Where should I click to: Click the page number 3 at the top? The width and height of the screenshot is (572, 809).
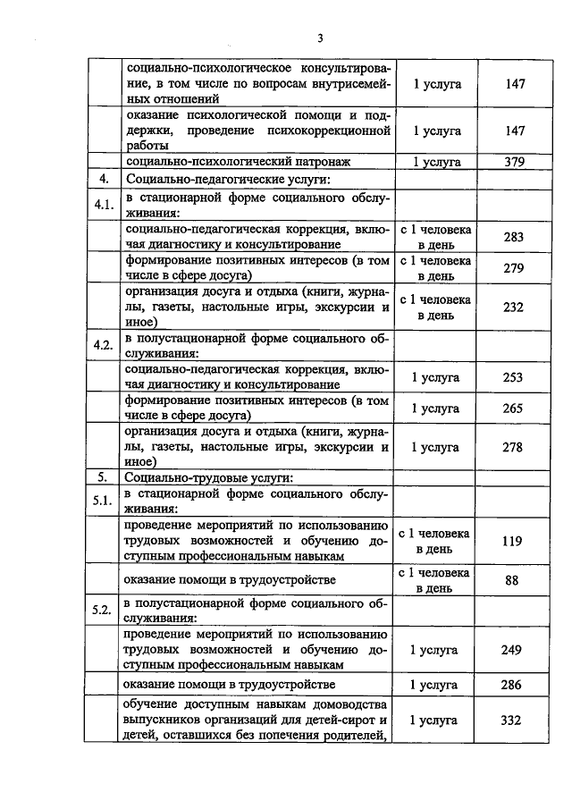coord(319,38)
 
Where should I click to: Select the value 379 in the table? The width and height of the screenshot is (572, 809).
coord(512,162)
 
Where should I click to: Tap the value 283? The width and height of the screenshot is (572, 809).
coord(512,237)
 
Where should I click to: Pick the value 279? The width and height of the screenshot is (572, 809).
coord(512,268)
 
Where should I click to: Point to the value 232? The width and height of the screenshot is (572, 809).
coord(512,306)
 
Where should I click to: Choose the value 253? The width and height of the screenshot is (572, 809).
coord(512,377)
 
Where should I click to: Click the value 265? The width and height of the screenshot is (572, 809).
coord(512,409)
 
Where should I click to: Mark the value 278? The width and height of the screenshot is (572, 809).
coord(512,446)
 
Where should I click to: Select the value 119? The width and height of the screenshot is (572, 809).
coord(512,541)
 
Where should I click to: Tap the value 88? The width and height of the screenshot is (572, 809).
coord(512,579)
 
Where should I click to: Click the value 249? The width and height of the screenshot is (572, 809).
coord(512,650)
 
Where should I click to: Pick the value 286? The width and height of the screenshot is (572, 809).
coord(512,686)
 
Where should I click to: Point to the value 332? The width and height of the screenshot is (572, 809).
coord(512,720)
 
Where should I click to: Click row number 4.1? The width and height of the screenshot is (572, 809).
coord(104,205)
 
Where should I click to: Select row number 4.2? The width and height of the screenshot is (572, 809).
coord(104,345)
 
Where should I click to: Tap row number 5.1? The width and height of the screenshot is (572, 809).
coord(104,501)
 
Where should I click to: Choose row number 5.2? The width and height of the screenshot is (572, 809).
coord(104,611)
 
